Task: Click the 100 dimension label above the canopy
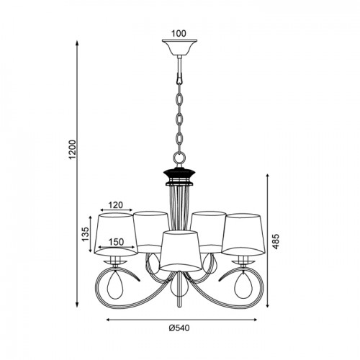pos(179,34)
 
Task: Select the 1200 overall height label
pos(72,149)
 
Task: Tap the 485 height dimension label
pos(276,241)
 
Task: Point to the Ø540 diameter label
pos(179,328)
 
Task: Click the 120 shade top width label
pos(115,205)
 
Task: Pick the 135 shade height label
pos(86,234)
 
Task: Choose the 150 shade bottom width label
pos(116,242)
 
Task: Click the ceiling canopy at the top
pos(179,48)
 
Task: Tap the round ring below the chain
pos(179,158)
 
